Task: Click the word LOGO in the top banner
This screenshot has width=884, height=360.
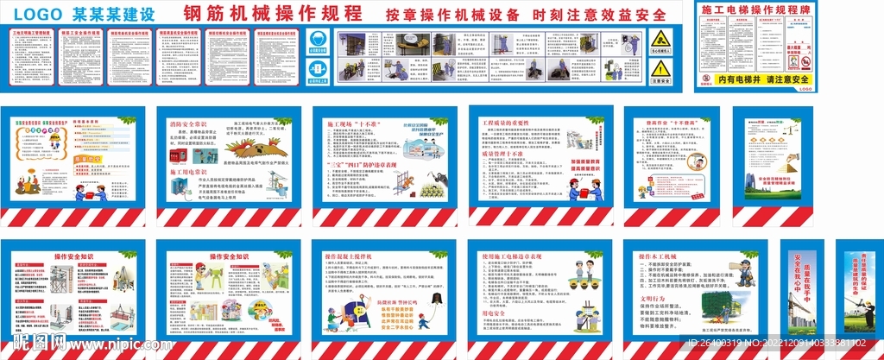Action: [38, 15]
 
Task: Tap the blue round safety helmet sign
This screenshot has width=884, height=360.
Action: [316, 41]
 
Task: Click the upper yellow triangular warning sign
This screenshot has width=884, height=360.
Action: [660, 40]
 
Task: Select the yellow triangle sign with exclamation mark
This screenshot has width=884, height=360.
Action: [660, 69]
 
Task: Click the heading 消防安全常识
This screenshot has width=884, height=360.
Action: [188, 123]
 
